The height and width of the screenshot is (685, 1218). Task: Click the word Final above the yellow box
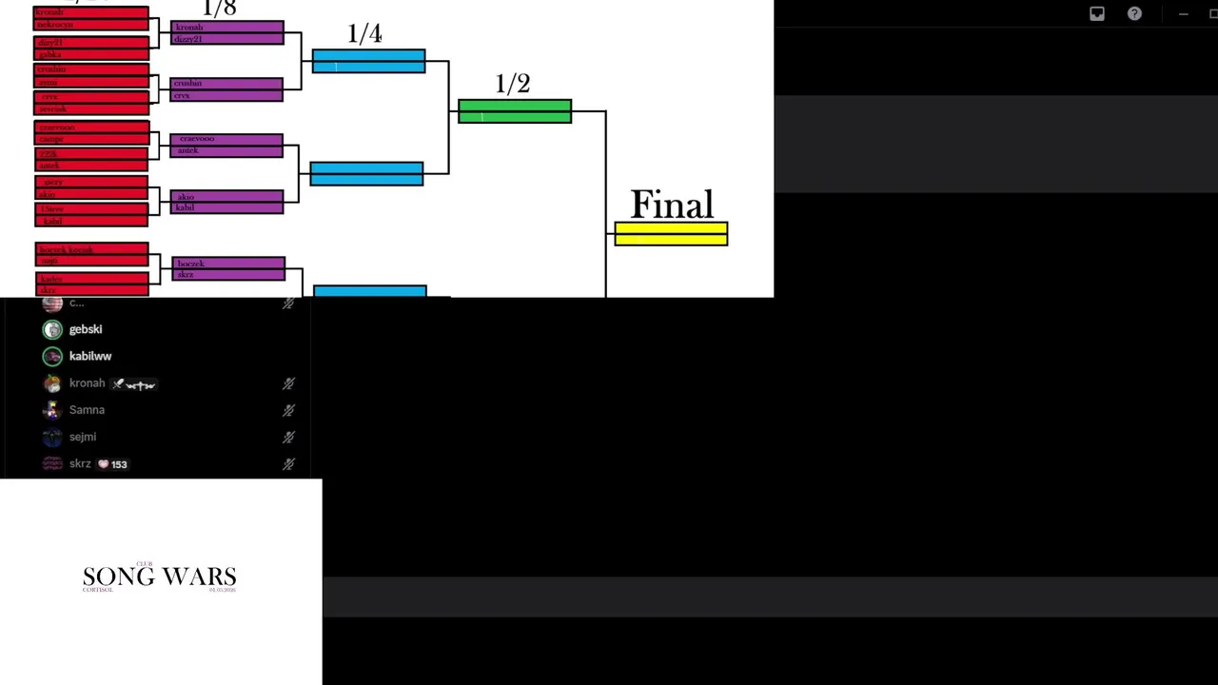pos(671,205)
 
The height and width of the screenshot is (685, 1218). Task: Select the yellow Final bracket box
pos(671,234)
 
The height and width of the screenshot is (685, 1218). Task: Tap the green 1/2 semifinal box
pos(514,111)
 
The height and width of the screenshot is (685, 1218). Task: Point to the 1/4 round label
pos(364,34)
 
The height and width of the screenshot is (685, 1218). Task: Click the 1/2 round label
pos(512,85)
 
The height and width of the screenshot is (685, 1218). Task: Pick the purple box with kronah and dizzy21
pos(226,32)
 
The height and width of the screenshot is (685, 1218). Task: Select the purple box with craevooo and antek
pos(226,145)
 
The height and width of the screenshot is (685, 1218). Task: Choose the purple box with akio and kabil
pos(226,202)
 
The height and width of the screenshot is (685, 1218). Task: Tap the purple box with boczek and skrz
pos(228,268)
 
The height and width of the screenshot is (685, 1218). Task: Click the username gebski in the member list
pos(86,329)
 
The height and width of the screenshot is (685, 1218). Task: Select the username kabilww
pos(90,356)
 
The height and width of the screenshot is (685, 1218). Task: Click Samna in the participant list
pos(87,410)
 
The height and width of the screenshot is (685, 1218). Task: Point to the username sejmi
pos(83,437)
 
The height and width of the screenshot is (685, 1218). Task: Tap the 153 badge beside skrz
pos(112,464)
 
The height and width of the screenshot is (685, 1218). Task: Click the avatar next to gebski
pos(52,329)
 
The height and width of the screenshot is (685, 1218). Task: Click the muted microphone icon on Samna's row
pos(288,410)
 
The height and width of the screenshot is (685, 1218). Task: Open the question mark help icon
pos(1134,13)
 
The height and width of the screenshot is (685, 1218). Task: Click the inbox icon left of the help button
pos(1097,13)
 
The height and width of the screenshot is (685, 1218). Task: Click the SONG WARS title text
pos(159,577)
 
